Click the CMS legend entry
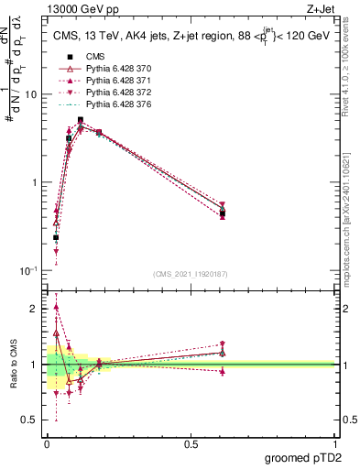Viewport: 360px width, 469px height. (x=95, y=57)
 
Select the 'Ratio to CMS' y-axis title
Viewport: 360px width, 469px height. (x=13, y=365)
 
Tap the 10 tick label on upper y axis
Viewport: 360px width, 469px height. (x=29, y=94)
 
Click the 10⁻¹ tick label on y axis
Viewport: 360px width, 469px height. (x=27, y=271)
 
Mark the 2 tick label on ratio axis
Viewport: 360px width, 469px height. (x=35, y=309)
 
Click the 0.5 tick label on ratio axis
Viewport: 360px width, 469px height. (x=29, y=420)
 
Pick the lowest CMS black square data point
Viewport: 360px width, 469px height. (x=56, y=237)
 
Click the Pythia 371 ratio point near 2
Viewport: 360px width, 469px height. (x=56, y=308)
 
